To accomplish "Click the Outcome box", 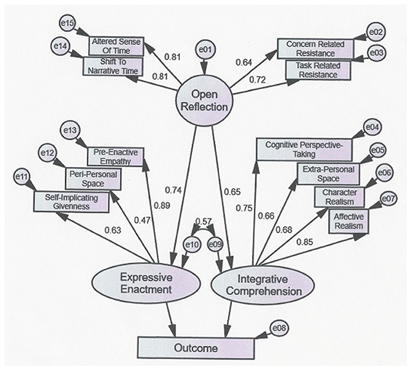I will coord(195,348).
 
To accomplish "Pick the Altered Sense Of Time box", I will coord(117,45).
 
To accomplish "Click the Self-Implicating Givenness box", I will coord(73,201).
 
